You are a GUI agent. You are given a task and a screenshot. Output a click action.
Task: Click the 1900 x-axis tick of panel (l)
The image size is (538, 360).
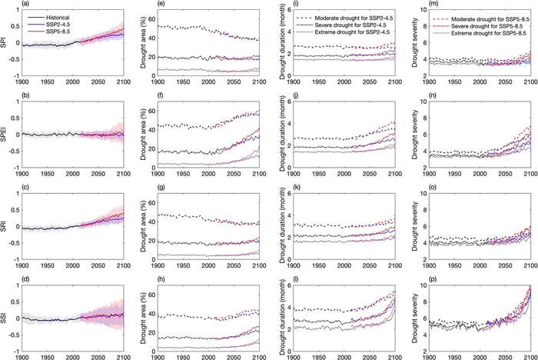coord(290,355)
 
